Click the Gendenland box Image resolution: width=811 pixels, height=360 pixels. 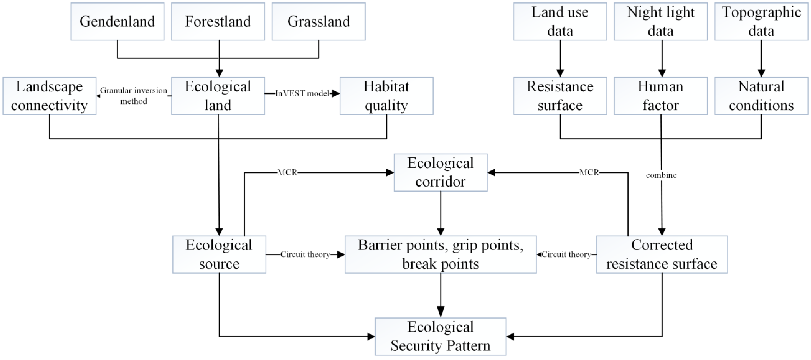(117, 21)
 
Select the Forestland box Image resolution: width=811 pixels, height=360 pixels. (218, 21)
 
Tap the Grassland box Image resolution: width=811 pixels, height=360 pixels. (319, 21)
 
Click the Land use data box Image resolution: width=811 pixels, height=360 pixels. (560, 21)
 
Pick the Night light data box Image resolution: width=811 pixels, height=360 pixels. (660, 21)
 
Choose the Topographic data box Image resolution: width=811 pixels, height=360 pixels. (761, 21)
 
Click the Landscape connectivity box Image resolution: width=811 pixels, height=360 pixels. (49, 96)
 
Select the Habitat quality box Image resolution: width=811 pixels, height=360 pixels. (386, 96)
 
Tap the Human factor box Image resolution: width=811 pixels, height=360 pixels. (660, 96)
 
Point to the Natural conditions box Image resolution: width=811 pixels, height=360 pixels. (761, 96)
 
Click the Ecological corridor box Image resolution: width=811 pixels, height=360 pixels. (441, 172)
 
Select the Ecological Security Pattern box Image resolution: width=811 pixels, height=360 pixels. (441, 336)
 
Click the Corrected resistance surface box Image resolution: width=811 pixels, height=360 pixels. (662, 254)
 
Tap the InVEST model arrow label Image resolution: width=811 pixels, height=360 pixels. (302, 94)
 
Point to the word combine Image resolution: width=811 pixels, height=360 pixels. (661, 175)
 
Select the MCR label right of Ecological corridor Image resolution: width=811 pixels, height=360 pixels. (589, 172)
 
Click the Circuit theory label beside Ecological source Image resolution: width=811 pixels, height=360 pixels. (305, 254)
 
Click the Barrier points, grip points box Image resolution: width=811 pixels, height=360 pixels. (441, 254)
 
